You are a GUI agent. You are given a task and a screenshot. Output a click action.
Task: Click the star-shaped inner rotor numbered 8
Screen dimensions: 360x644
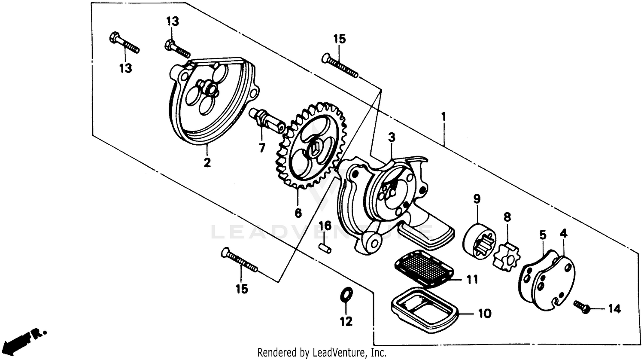click(x=506, y=256)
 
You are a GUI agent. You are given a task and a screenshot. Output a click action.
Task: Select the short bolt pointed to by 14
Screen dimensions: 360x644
click(x=582, y=306)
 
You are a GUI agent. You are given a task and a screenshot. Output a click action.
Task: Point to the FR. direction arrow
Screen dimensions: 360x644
click(x=26, y=338)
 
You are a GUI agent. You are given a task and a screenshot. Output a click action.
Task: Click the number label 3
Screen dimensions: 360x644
click(x=391, y=137)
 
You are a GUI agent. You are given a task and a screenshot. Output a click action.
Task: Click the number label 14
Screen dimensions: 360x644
click(x=614, y=308)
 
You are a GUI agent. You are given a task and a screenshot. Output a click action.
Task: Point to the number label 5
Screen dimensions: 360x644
click(x=543, y=235)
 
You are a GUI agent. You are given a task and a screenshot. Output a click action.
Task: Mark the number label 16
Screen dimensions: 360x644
click(x=325, y=226)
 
